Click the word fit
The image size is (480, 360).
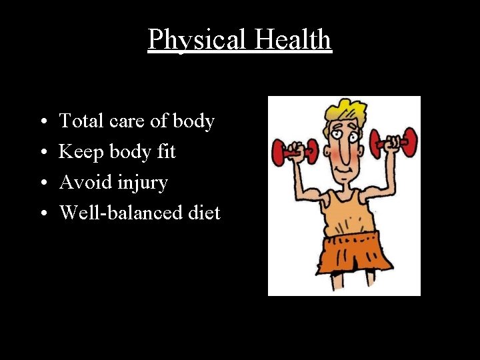click(165, 152)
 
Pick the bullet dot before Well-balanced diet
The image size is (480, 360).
click(42, 214)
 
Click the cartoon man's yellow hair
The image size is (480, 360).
click(344, 111)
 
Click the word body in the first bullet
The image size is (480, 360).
click(193, 121)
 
